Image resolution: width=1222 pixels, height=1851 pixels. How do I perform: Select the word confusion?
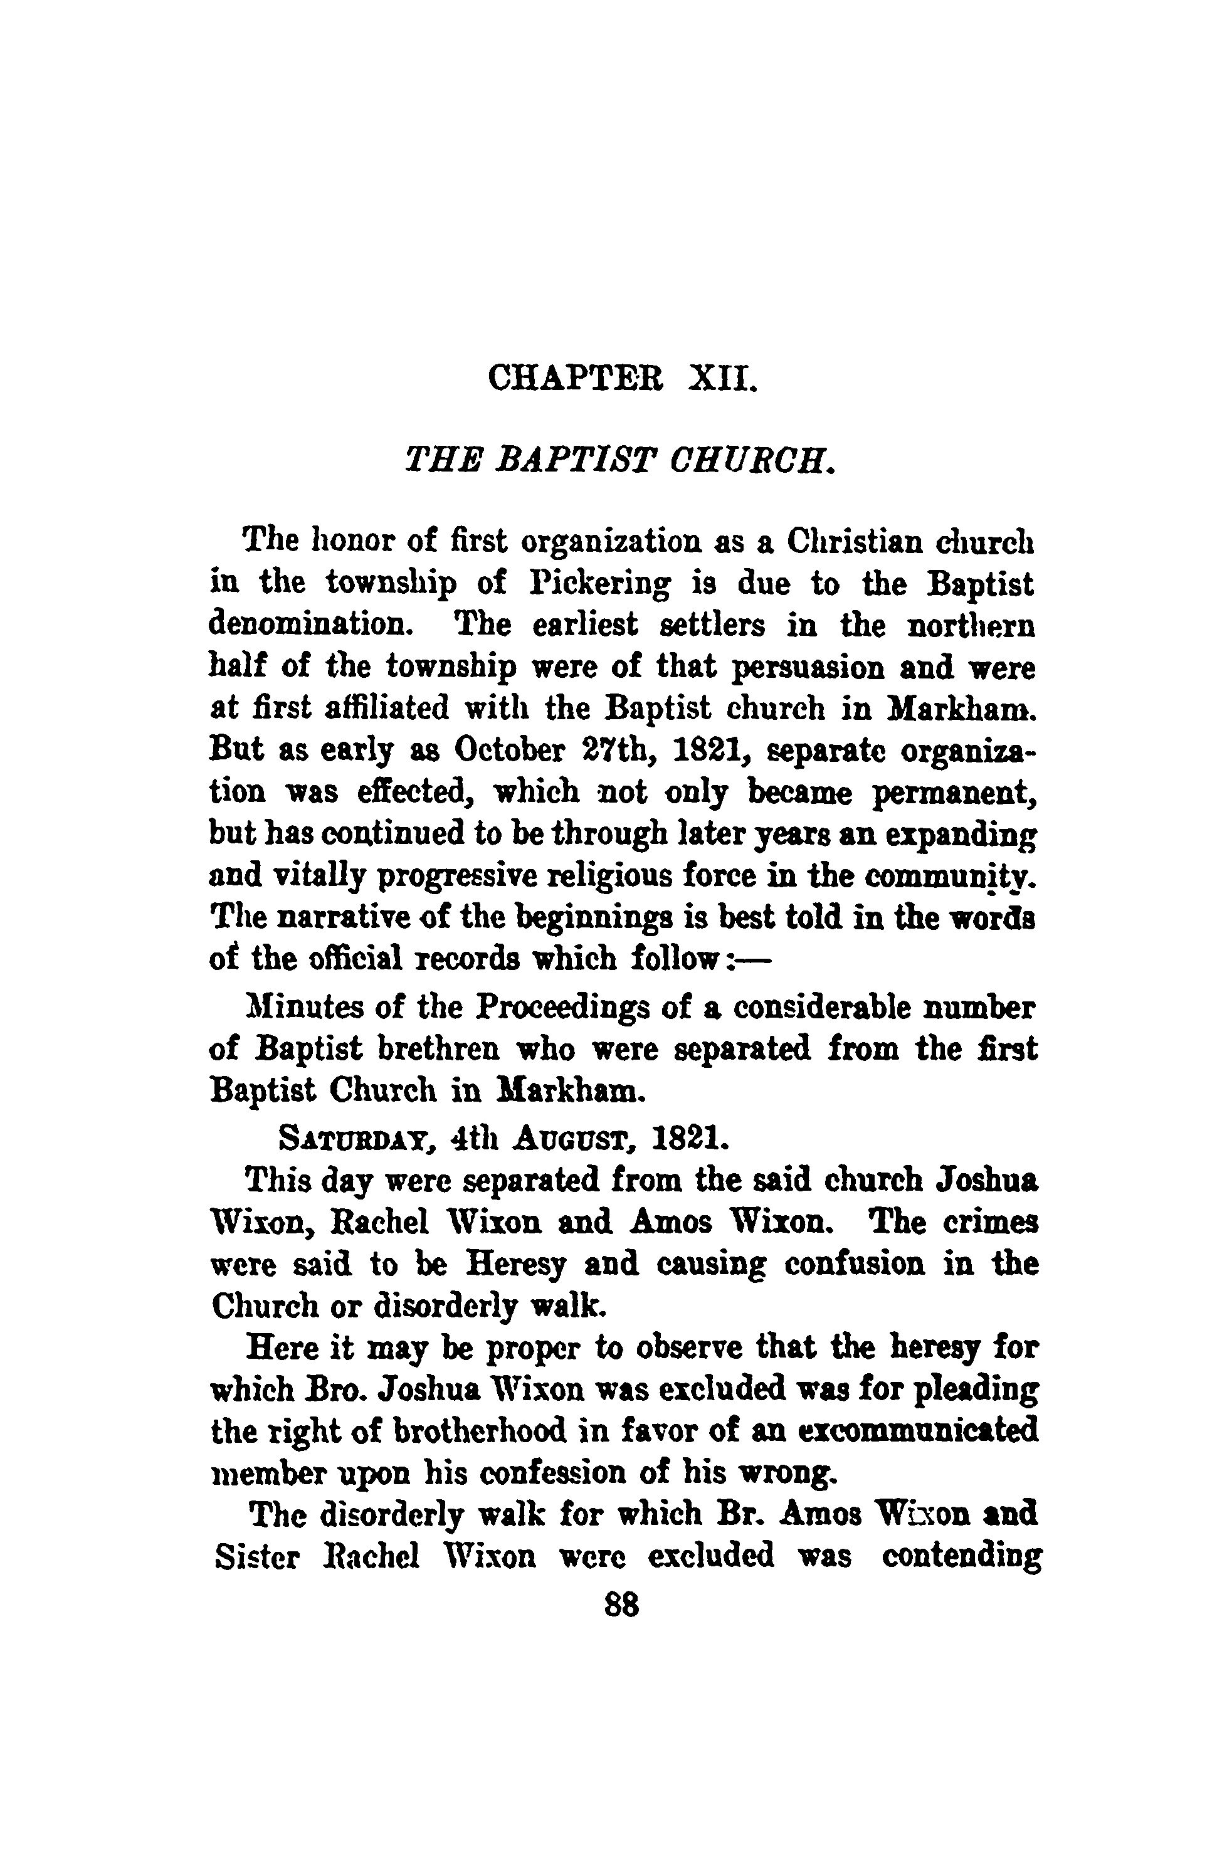coord(855,1263)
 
